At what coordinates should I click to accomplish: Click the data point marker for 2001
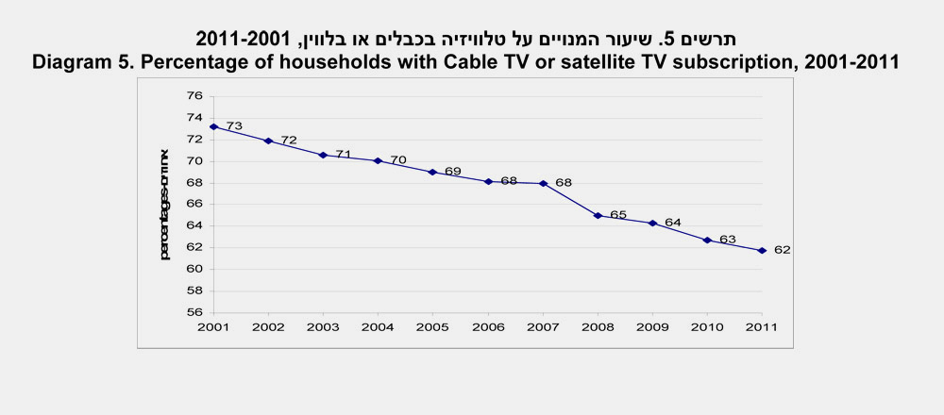pyautogui.click(x=213, y=126)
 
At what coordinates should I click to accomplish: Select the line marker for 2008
pyautogui.click(x=598, y=216)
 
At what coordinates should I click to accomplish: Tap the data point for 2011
pyautogui.click(x=762, y=250)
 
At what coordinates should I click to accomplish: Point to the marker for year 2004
pyautogui.click(x=378, y=160)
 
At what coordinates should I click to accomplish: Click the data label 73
pyautogui.click(x=234, y=125)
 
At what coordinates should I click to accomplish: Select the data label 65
pyautogui.click(x=618, y=215)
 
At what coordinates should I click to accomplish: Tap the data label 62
pyautogui.click(x=782, y=250)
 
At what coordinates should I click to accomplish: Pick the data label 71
pyautogui.click(x=344, y=154)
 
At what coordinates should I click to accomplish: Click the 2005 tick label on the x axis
pyautogui.click(x=432, y=327)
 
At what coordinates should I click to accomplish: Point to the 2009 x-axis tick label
pyautogui.click(x=652, y=327)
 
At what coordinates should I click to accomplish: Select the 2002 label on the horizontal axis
pyautogui.click(x=268, y=327)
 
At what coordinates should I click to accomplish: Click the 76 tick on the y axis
pyautogui.click(x=194, y=95)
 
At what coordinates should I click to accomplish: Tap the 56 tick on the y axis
pyautogui.click(x=194, y=312)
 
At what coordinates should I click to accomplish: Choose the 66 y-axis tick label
pyautogui.click(x=194, y=204)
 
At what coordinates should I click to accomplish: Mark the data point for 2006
pyautogui.click(x=488, y=181)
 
